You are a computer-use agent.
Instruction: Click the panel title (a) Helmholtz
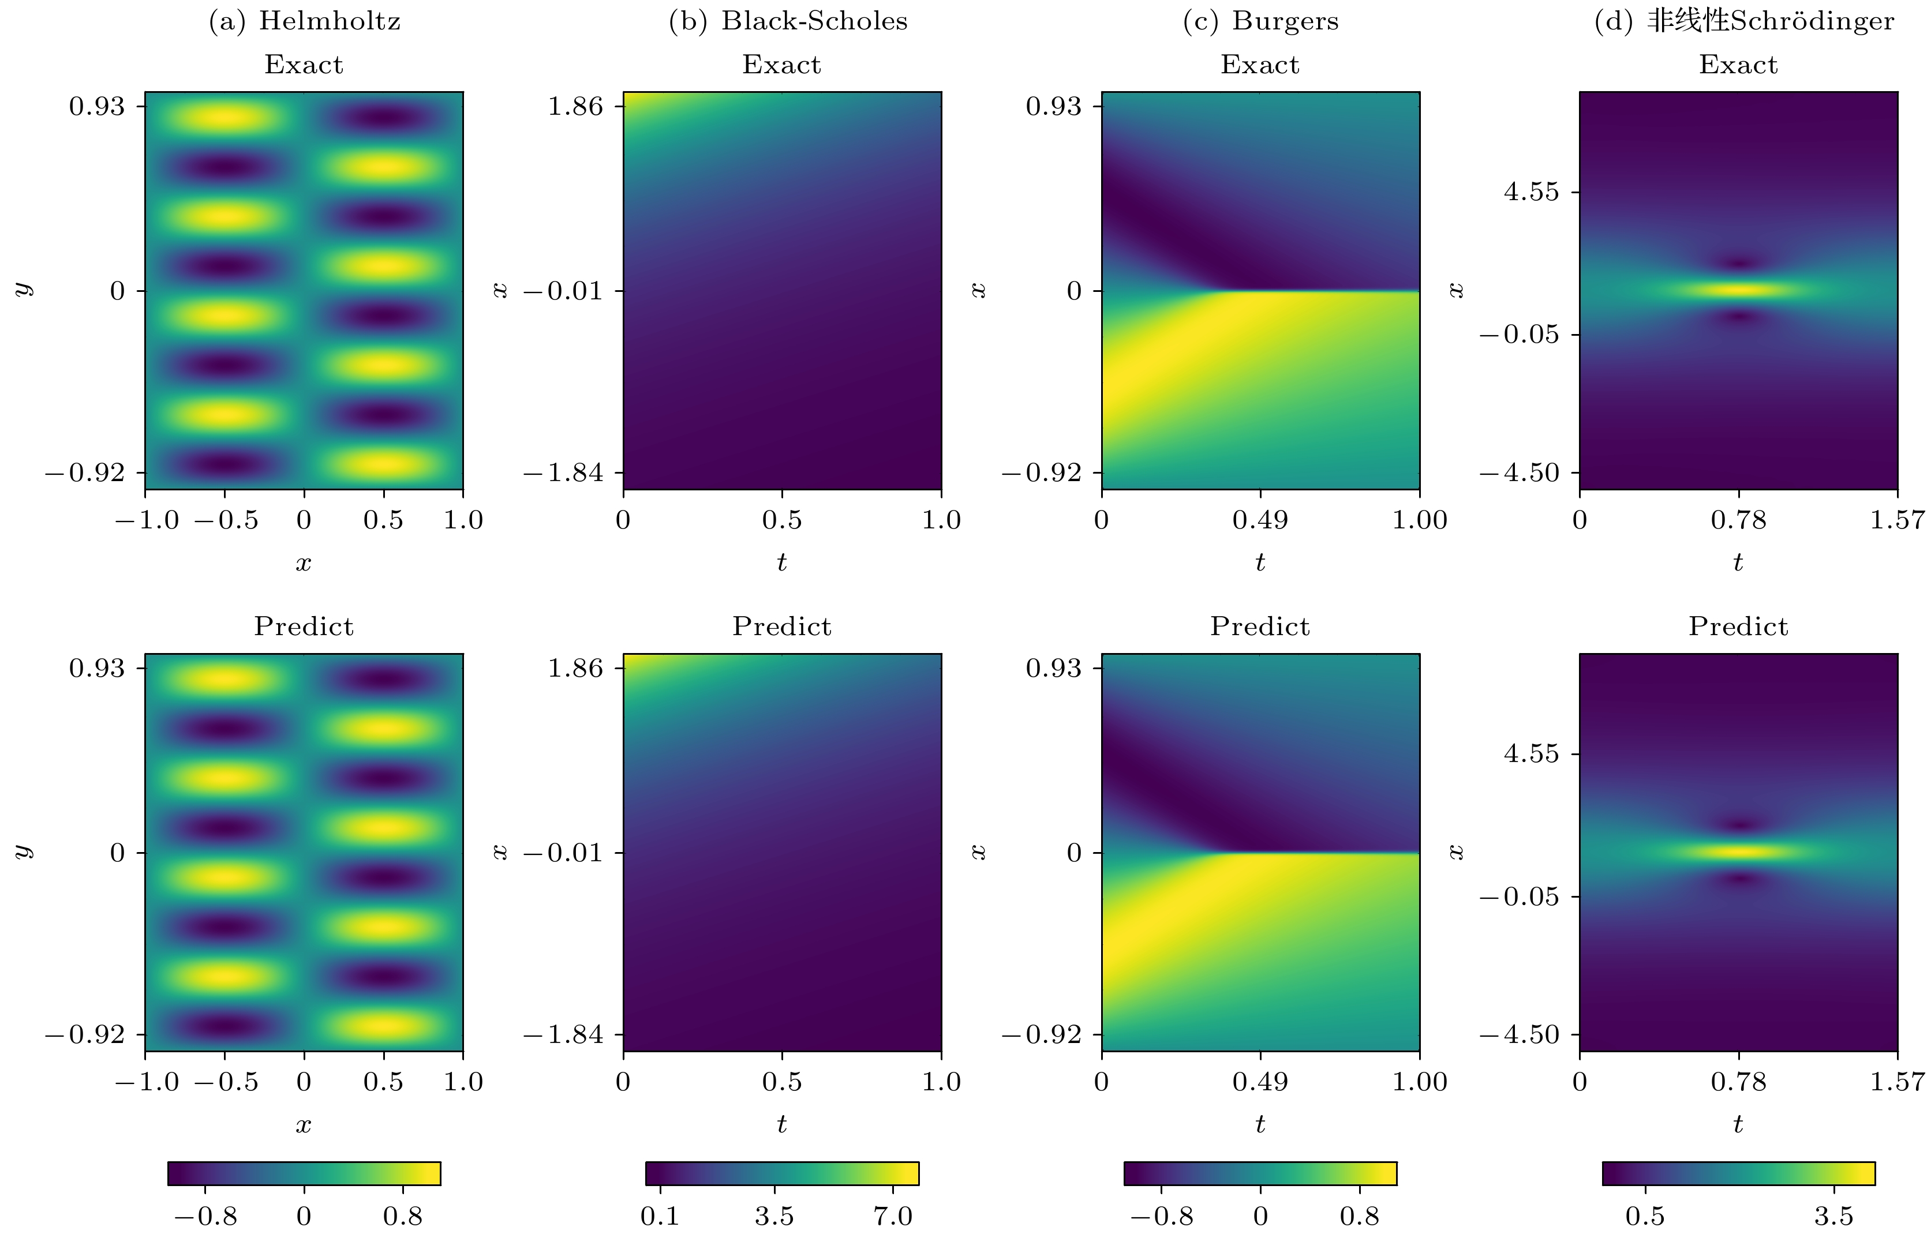[x=304, y=21]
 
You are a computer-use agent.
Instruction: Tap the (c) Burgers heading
[x=1260, y=21]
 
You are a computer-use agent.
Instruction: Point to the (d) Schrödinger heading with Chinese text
[x=1743, y=21]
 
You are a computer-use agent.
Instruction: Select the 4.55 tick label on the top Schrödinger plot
[x=1531, y=192]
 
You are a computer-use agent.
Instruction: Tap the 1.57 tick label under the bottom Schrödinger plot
[x=1897, y=1082]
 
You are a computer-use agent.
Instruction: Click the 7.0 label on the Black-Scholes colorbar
[x=893, y=1216]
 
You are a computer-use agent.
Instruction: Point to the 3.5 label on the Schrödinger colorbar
[x=1833, y=1216]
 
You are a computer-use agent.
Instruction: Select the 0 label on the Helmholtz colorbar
[x=304, y=1216]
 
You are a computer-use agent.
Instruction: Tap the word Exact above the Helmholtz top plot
[x=304, y=64]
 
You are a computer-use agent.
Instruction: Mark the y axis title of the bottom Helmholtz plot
[x=24, y=851]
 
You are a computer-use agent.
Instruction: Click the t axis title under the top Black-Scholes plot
[x=782, y=562]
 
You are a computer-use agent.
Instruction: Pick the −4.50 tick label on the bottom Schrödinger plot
[x=1519, y=1034]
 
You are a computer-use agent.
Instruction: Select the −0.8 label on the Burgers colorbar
[x=1161, y=1216]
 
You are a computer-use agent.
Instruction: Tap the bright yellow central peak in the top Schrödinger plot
[x=1739, y=290]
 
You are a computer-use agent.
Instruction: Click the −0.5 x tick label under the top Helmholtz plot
[x=226, y=520]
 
